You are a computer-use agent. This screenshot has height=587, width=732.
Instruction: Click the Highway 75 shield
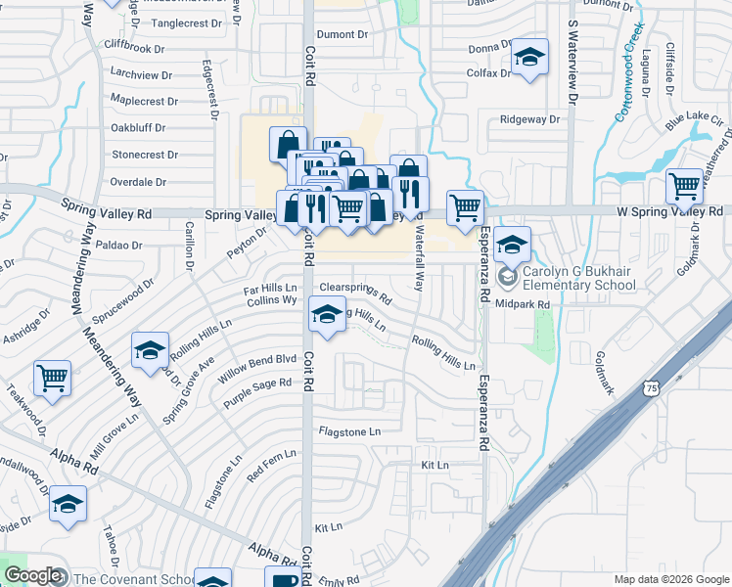[x=652, y=389]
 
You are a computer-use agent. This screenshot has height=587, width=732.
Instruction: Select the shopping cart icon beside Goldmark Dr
[x=685, y=187]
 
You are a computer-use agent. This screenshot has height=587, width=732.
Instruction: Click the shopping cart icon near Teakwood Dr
[x=52, y=377]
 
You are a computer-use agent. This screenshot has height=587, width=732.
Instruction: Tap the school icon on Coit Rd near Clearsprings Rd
[x=326, y=315]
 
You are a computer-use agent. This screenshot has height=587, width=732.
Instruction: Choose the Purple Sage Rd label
[x=257, y=392]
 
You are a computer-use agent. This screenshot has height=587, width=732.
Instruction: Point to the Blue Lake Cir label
[x=694, y=123]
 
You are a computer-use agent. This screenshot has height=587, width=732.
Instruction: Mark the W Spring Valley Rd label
[x=668, y=210]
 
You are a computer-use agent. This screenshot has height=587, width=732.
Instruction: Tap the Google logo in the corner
[x=32, y=576]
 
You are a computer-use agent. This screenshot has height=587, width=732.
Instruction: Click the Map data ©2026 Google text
[x=670, y=579]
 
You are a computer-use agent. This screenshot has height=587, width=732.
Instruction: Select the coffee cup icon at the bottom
[x=286, y=579]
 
